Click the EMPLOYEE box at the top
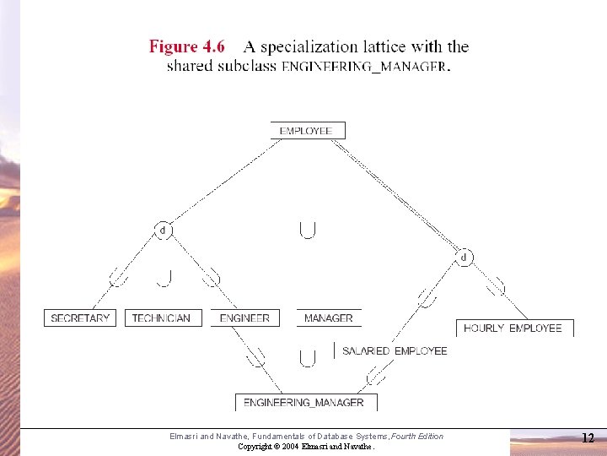[308, 131]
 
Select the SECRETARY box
[80, 318]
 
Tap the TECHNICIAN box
[164, 318]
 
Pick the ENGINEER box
[245, 318]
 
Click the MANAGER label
[329, 318]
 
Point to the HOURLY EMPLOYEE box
[515, 328]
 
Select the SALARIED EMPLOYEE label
[395, 351]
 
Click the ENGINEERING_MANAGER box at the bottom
[306, 403]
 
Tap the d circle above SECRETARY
[163, 231]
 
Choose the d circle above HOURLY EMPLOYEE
[464, 257]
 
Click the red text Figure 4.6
[187, 46]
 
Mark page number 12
[588, 437]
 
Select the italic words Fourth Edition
[417, 437]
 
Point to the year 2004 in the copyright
[290, 447]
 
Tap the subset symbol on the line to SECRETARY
[118, 277]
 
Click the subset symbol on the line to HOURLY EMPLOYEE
[496, 286]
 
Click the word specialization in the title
[309, 47]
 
